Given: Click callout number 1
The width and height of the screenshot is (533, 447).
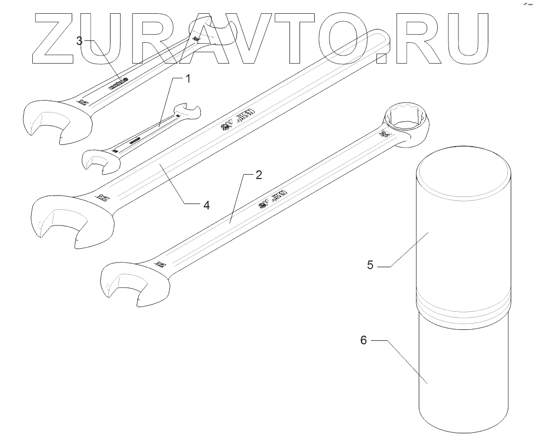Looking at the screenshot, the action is coord(187,79).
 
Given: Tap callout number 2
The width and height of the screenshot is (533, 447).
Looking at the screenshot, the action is coord(258,175).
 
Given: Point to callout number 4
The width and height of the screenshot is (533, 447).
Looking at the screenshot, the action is coord(206,205).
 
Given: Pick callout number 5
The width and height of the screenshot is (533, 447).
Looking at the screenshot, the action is coord(371,265).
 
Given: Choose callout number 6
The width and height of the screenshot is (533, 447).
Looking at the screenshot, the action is coord(364,341).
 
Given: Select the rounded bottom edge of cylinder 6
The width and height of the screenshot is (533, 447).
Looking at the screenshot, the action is coord(463,425).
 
